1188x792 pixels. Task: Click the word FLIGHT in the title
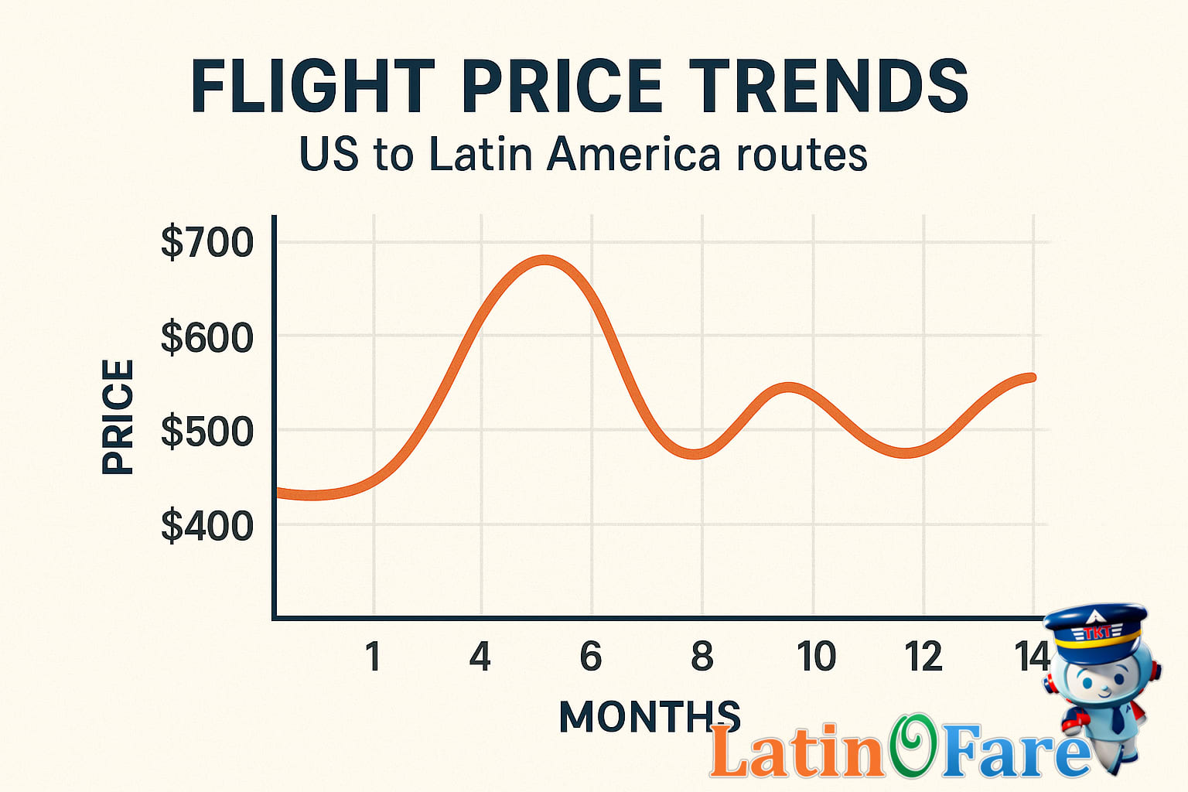point(313,87)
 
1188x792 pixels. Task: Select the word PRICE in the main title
point(562,87)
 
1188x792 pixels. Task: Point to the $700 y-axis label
point(207,243)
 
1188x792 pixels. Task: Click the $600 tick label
point(207,338)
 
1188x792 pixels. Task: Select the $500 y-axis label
point(207,432)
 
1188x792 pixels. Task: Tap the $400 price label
point(207,526)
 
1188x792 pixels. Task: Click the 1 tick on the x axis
point(373,657)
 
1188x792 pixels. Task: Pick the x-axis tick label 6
point(591,657)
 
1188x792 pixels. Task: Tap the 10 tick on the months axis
point(816,657)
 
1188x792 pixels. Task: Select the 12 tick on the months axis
point(923,657)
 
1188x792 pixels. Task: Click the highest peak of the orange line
point(545,261)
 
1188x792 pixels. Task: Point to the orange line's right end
point(1031,377)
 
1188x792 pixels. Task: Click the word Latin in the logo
point(797,752)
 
